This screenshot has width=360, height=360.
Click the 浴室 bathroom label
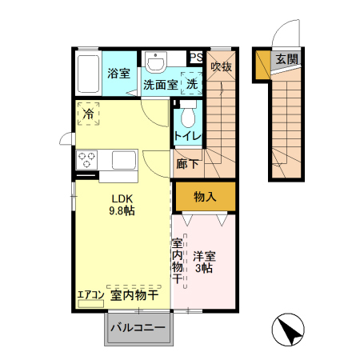point(118,74)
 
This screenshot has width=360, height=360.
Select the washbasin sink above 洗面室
point(155,61)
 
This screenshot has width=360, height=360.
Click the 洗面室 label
point(159,83)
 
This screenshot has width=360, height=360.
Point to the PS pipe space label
point(196,57)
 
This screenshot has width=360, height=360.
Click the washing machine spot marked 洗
point(192,83)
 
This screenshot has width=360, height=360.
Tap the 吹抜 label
point(221,67)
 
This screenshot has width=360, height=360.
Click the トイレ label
point(187,136)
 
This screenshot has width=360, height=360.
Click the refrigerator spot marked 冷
point(88,114)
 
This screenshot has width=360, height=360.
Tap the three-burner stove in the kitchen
point(86,158)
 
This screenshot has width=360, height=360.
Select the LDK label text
point(122,198)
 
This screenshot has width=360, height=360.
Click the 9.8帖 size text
point(122,211)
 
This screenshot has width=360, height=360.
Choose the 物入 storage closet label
point(205,196)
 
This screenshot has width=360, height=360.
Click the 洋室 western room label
point(204,257)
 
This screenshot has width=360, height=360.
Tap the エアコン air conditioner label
point(91,295)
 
